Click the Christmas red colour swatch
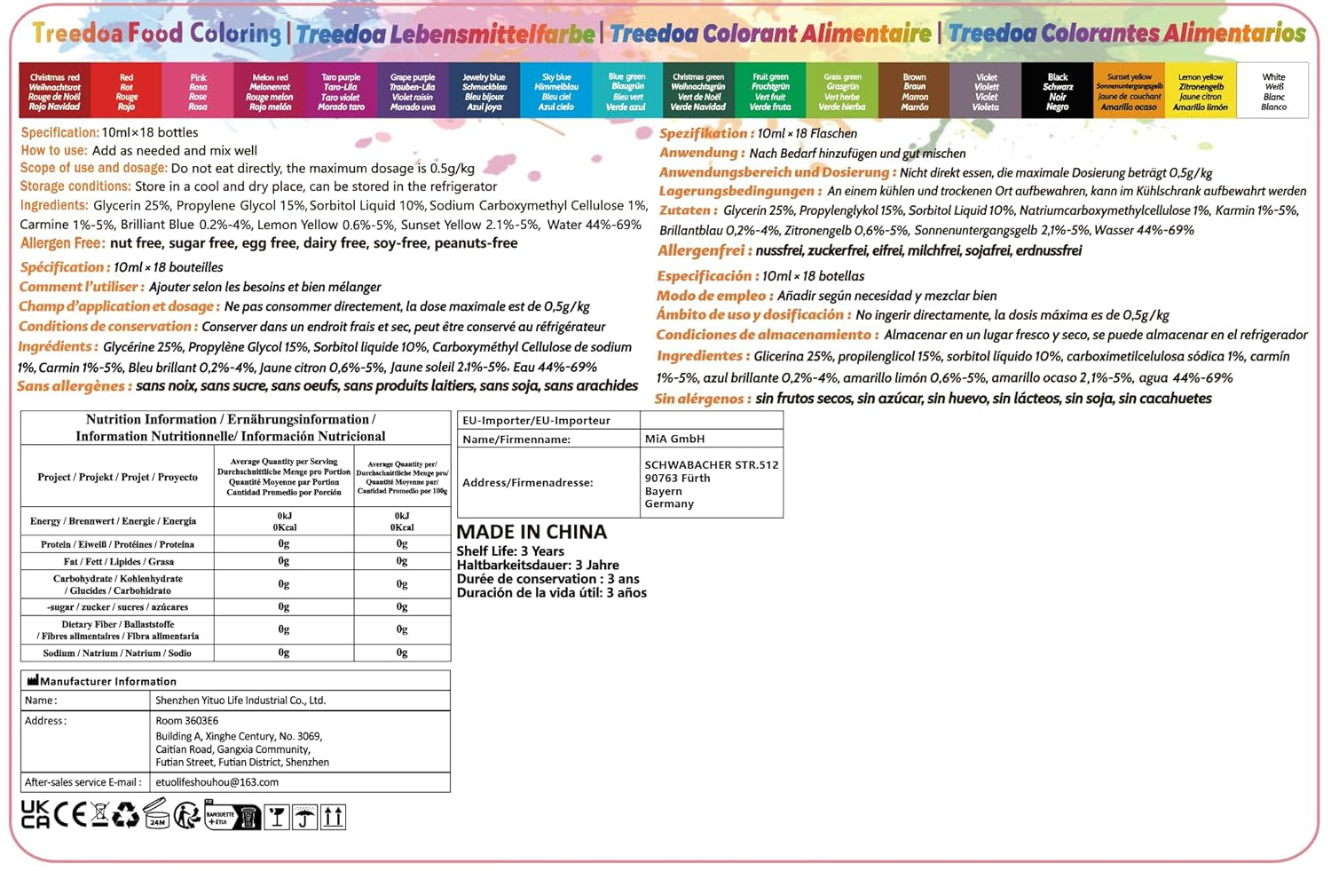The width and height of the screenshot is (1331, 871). [x=54, y=91]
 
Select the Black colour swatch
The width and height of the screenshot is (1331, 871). [x=1057, y=91]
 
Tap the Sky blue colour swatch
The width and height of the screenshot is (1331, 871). [x=556, y=91]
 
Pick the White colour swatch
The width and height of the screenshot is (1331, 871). [x=1273, y=91]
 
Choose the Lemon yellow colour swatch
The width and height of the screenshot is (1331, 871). [x=1201, y=91]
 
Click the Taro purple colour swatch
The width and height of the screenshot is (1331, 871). [x=341, y=91]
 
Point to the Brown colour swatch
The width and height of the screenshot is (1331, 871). [x=914, y=91]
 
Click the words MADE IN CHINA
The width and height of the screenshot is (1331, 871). [x=532, y=532]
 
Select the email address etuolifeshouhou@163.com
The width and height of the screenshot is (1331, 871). [x=217, y=782]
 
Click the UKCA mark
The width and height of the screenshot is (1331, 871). [x=35, y=814]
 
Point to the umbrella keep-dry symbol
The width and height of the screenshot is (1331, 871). [x=304, y=817]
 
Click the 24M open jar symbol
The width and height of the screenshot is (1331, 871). [x=156, y=814]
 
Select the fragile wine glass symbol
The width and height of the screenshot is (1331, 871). [x=277, y=817]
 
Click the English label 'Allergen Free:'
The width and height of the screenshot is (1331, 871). [x=63, y=243]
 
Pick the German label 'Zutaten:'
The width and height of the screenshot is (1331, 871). [x=688, y=210]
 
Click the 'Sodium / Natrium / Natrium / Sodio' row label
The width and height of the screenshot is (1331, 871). [x=117, y=653]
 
